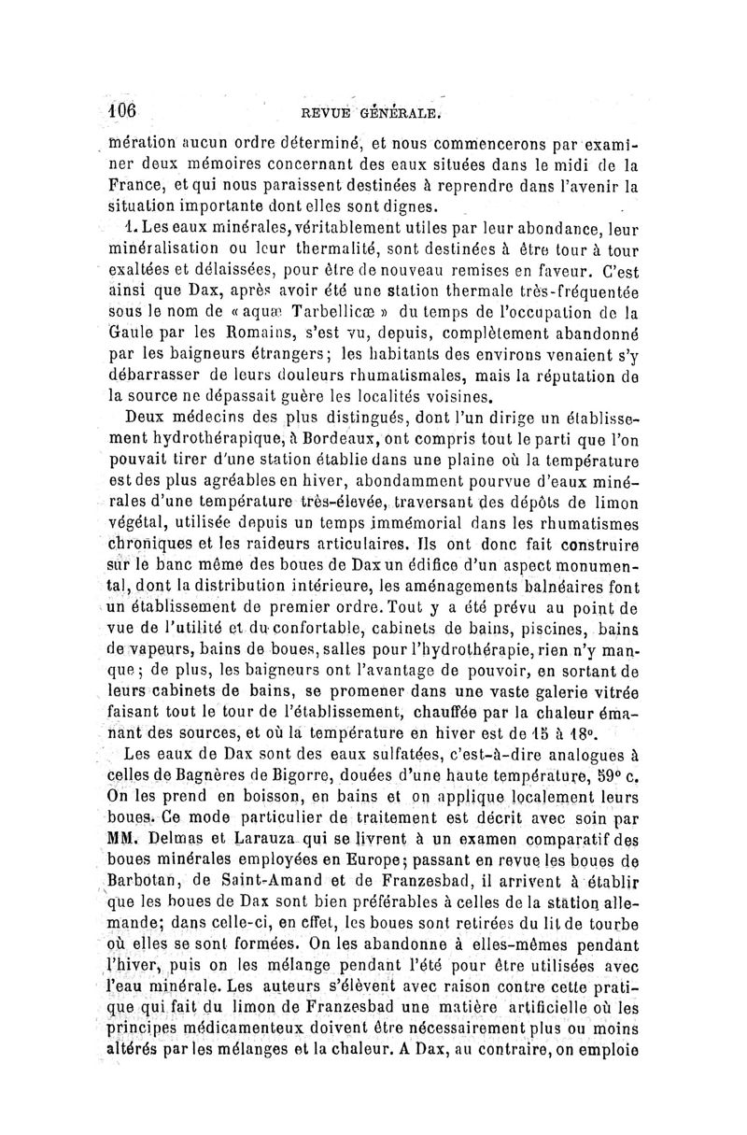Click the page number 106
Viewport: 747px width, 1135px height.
(x=120, y=111)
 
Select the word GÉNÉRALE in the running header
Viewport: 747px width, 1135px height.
(x=401, y=114)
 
